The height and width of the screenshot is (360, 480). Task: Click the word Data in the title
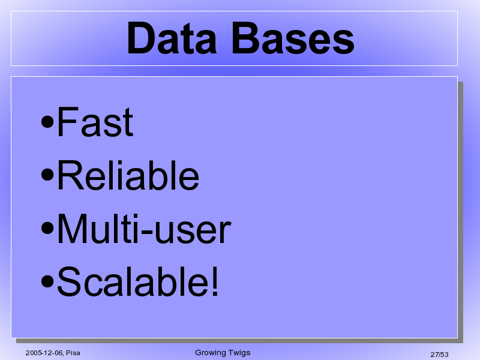pos(172,38)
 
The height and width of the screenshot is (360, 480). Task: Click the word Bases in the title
pos(293,38)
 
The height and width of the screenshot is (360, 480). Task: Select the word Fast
pos(95,121)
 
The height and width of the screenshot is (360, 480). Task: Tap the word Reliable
pos(128,175)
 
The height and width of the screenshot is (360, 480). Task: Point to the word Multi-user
pos(144,229)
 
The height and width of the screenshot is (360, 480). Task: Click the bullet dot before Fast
pos(47,122)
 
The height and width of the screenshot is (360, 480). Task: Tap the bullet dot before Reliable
pos(47,175)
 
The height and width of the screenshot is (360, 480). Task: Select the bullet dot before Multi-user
pos(47,229)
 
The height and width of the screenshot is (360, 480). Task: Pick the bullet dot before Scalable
pos(47,281)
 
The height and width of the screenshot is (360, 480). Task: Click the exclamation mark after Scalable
pos(215,281)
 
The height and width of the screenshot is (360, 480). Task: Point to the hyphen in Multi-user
pos(147,231)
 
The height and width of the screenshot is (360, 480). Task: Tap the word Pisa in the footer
pos(73,353)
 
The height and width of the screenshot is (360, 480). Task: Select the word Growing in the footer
pos(208,353)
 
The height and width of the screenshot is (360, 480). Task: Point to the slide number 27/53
pos(439,355)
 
